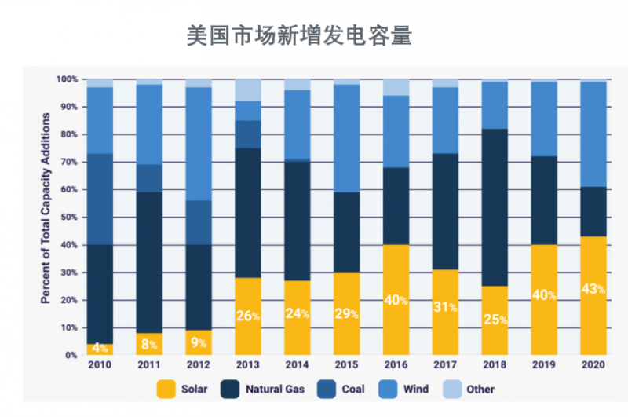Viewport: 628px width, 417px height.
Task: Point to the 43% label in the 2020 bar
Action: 593,289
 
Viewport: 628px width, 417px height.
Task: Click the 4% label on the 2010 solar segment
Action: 100,348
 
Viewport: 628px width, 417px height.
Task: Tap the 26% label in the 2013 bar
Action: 248,316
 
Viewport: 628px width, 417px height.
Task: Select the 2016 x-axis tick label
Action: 396,365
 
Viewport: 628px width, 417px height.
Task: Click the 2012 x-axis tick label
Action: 199,365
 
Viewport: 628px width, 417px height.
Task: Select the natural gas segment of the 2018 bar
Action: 494,207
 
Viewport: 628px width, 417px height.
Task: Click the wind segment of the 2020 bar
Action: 593,134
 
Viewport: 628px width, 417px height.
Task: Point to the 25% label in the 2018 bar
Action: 494,320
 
